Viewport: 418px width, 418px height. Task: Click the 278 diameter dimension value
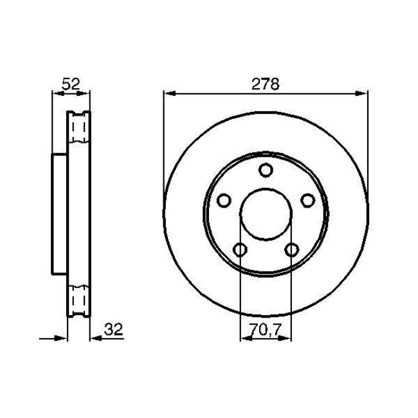(x=266, y=84)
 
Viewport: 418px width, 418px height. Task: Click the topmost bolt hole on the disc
(x=266, y=170)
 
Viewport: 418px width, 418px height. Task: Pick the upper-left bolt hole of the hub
(x=223, y=201)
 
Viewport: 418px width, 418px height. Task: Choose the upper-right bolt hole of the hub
(x=308, y=201)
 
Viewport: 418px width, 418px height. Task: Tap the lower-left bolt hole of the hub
(x=239, y=250)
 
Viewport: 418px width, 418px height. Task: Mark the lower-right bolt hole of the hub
(x=292, y=250)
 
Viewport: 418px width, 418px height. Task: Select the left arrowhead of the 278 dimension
(x=168, y=94)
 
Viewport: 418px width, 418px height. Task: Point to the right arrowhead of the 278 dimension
(x=363, y=94)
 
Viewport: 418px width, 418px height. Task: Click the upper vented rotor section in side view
(x=79, y=131)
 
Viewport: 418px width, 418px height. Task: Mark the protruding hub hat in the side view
(x=59, y=214)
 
